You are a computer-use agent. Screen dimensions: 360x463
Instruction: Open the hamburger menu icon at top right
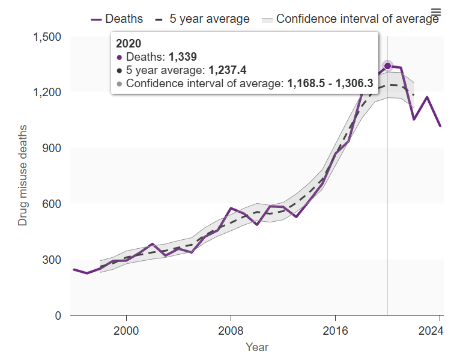(x=436, y=13)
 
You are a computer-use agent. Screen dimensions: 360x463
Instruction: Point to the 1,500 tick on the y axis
(x=47, y=37)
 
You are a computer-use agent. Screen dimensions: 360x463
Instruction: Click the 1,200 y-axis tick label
(x=47, y=93)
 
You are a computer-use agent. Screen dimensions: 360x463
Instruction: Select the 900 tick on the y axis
(x=52, y=148)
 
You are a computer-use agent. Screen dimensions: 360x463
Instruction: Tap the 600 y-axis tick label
(x=52, y=204)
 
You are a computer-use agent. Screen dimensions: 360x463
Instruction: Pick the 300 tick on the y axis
(x=52, y=260)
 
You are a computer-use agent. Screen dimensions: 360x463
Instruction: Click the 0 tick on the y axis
(x=58, y=316)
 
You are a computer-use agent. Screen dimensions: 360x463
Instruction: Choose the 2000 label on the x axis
(x=126, y=330)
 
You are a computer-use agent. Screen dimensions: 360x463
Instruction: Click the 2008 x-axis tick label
(x=231, y=330)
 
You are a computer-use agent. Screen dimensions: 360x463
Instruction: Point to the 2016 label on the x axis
(x=335, y=330)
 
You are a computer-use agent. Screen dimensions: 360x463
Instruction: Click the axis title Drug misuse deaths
(x=23, y=175)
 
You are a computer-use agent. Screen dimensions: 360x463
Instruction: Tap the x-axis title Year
(x=257, y=347)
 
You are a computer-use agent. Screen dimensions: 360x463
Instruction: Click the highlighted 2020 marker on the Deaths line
(x=387, y=66)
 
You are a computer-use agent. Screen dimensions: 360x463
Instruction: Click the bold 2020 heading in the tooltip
(x=128, y=43)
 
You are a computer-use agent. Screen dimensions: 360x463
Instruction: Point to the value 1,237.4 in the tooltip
(x=228, y=70)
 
